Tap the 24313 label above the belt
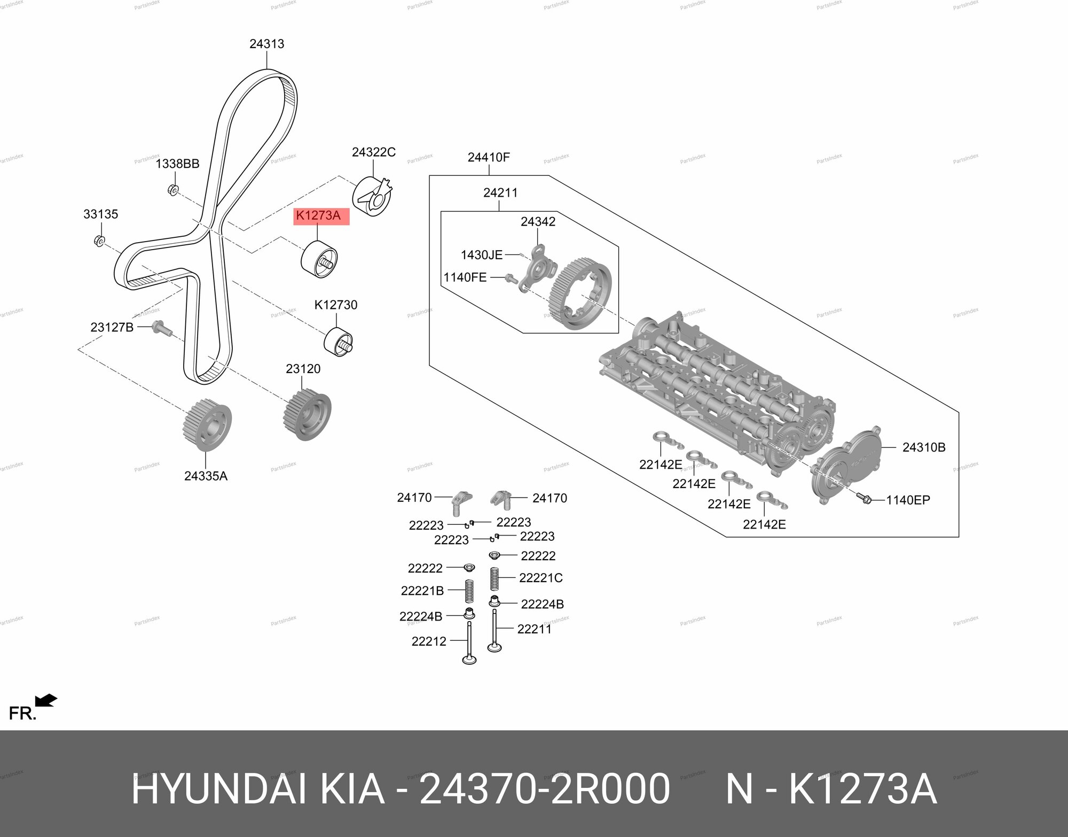click(x=266, y=44)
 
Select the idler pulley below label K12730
click(x=340, y=340)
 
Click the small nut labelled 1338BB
click(x=172, y=189)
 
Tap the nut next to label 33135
click(x=99, y=241)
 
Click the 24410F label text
click(x=489, y=157)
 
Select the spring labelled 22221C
click(x=494, y=579)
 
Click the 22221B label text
click(x=422, y=591)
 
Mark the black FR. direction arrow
click(x=46, y=700)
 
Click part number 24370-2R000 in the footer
click(x=544, y=789)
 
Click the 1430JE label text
click(x=482, y=255)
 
